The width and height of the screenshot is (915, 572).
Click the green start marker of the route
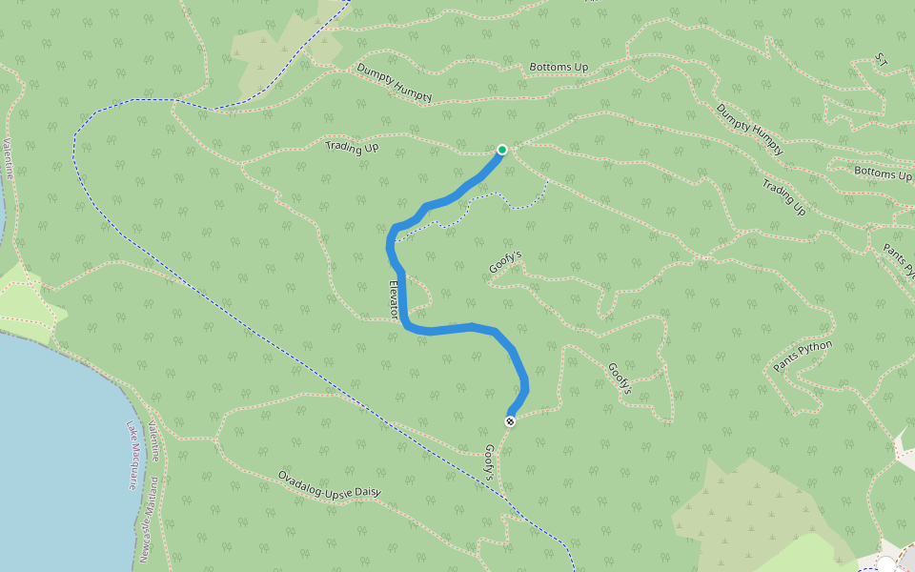(502, 150)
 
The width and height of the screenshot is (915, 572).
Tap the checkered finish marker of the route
(510, 421)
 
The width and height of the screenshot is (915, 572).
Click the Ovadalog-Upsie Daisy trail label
(329, 484)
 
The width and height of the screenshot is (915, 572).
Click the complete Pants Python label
(803, 356)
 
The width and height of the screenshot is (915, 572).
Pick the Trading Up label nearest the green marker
(352, 147)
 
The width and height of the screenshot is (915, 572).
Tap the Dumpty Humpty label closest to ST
(750, 130)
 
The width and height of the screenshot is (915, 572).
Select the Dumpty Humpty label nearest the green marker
(395, 83)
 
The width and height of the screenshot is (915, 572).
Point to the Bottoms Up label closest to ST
(883, 174)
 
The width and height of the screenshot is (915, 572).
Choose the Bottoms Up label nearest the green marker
(559, 67)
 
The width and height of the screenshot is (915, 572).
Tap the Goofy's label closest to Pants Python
(621, 378)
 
